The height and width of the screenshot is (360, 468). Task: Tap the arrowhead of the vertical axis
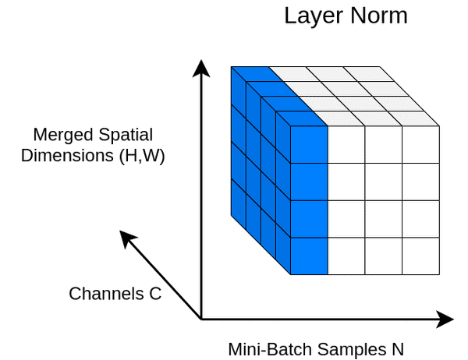202,69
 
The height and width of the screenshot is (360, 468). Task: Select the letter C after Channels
155,294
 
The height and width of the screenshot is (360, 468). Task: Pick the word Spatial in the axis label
124,134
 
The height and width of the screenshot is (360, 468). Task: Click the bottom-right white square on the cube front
421,256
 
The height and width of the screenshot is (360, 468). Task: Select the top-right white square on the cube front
421,144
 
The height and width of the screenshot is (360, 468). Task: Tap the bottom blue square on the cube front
309,256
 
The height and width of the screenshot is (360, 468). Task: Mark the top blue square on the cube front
309,144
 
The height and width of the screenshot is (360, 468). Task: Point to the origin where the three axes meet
202,319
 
